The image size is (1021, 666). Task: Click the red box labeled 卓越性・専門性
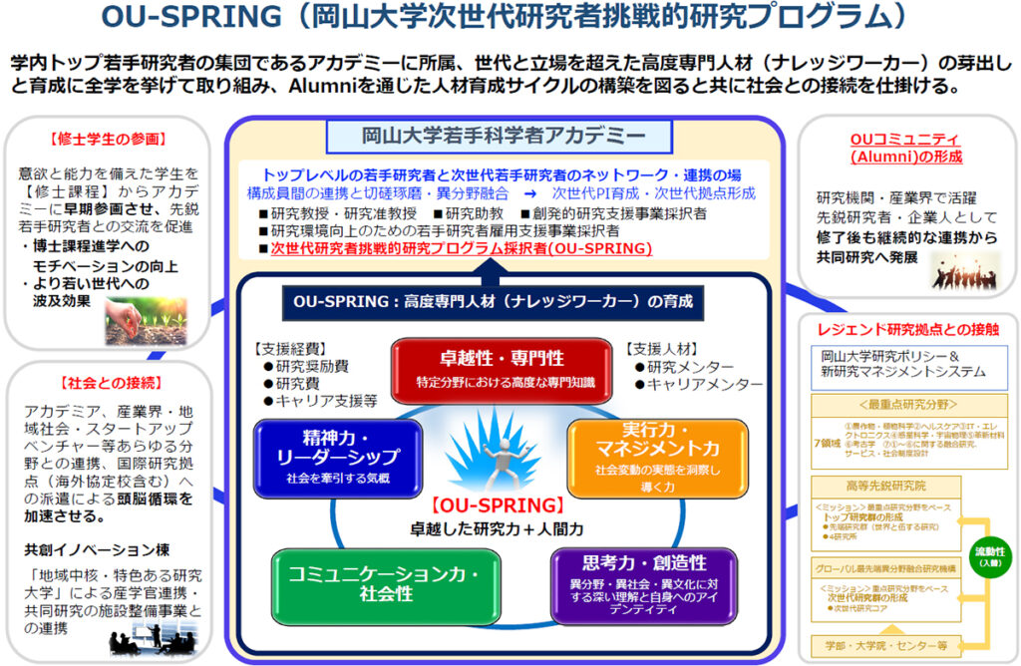point(501,367)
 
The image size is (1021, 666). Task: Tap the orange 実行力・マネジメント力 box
point(657,457)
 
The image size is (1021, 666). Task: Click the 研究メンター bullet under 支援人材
point(684,367)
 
